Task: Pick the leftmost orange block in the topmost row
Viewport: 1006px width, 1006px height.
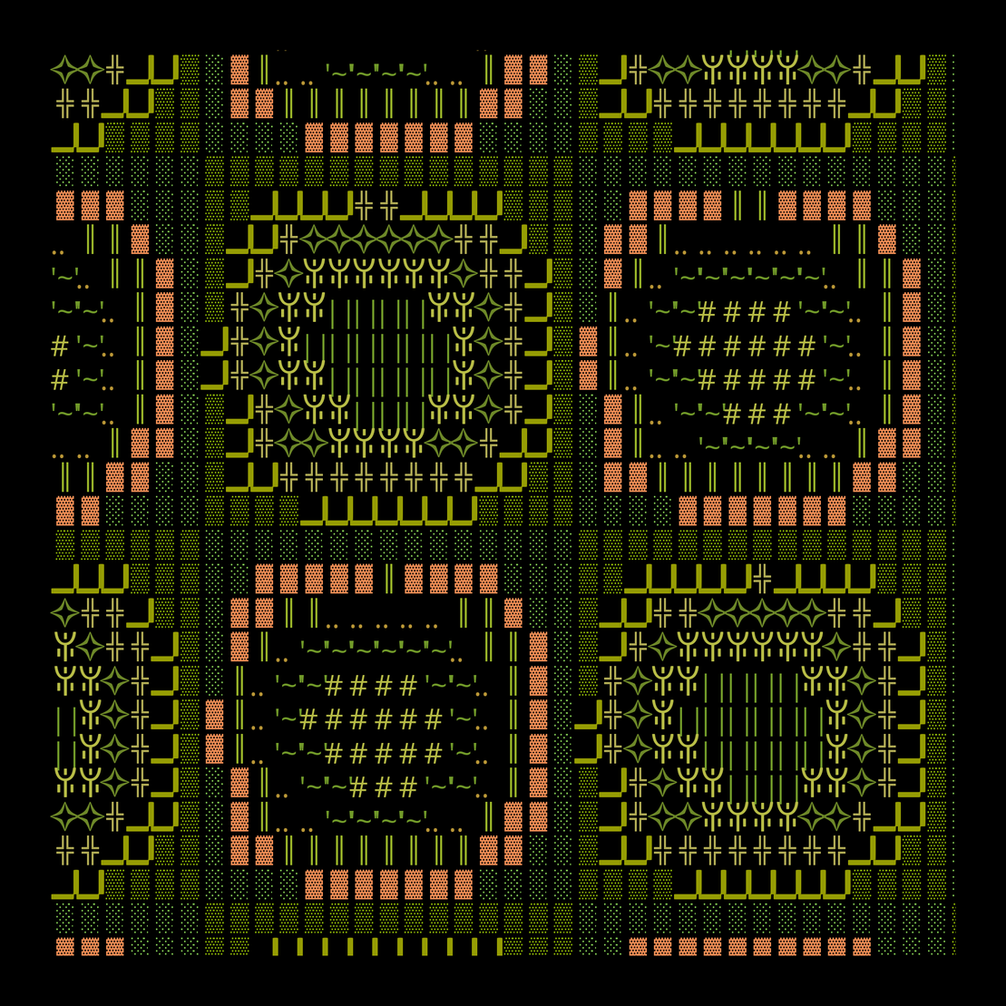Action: (x=239, y=68)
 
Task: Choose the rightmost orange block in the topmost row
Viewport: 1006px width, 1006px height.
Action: (x=539, y=68)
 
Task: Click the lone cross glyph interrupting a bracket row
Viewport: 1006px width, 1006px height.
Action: (x=763, y=577)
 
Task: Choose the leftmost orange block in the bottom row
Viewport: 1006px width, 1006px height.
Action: (x=64, y=946)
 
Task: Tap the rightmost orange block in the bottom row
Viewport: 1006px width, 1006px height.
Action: (x=862, y=946)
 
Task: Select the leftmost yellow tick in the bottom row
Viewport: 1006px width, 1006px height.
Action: (x=276, y=946)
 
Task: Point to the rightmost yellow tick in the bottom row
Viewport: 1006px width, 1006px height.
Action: (x=499, y=946)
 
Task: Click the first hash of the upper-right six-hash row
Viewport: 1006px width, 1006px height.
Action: (x=681, y=347)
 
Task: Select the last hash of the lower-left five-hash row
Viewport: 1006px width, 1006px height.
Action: (x=433, y=751)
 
